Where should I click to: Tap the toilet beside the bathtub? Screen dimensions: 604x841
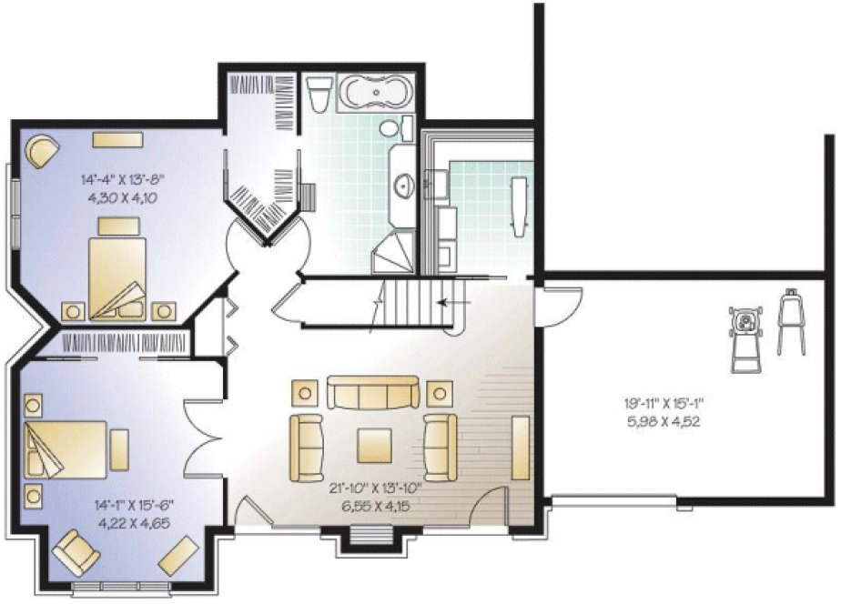319,92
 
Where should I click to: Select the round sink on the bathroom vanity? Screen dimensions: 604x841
401,187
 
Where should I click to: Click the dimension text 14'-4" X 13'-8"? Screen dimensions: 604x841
128,180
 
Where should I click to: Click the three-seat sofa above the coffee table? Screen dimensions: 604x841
372,394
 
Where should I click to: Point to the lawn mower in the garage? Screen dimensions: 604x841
745,337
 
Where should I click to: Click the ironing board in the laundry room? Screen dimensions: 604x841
520,206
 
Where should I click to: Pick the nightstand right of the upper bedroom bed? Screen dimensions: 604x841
164,309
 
